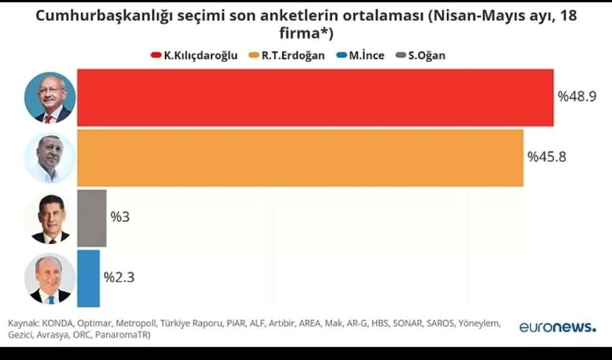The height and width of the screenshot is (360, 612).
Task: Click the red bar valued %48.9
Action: click(315, 97)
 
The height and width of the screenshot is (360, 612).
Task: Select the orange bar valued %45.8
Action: click(300, 158)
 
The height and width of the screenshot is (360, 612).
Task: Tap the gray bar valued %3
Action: click(91, 218)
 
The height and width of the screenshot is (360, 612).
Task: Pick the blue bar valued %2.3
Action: click(88, 278)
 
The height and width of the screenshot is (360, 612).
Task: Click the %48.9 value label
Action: click(577, 97)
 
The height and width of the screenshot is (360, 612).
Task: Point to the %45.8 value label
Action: click(546, 157)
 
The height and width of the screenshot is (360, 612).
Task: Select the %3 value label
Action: click(120, 217)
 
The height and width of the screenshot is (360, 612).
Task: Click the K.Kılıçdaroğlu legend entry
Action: click(194, 56)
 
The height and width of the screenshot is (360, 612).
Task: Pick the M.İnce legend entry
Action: click(360, 56)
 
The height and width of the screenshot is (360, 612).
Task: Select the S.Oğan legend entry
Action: click(421, 56)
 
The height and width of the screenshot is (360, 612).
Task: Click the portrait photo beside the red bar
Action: click(50, 97)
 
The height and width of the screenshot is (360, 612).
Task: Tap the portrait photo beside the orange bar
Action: click(50, 158)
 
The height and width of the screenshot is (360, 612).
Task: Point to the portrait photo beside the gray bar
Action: click(50, 219)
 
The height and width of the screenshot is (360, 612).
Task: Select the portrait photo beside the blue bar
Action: click(50, 279)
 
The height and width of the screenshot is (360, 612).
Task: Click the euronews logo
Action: click(557, 327)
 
